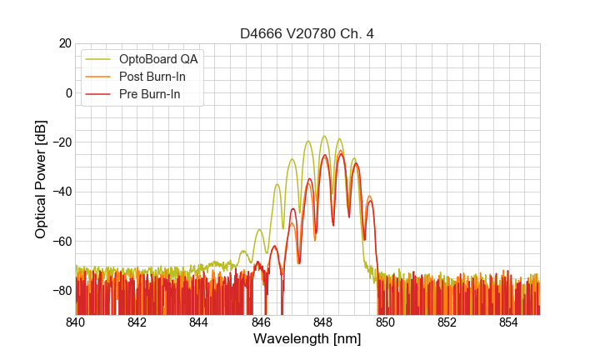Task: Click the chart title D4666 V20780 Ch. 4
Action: click(307, 33)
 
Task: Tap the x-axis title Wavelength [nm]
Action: click(307, 339)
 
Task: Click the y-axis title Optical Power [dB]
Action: click(41, 179)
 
